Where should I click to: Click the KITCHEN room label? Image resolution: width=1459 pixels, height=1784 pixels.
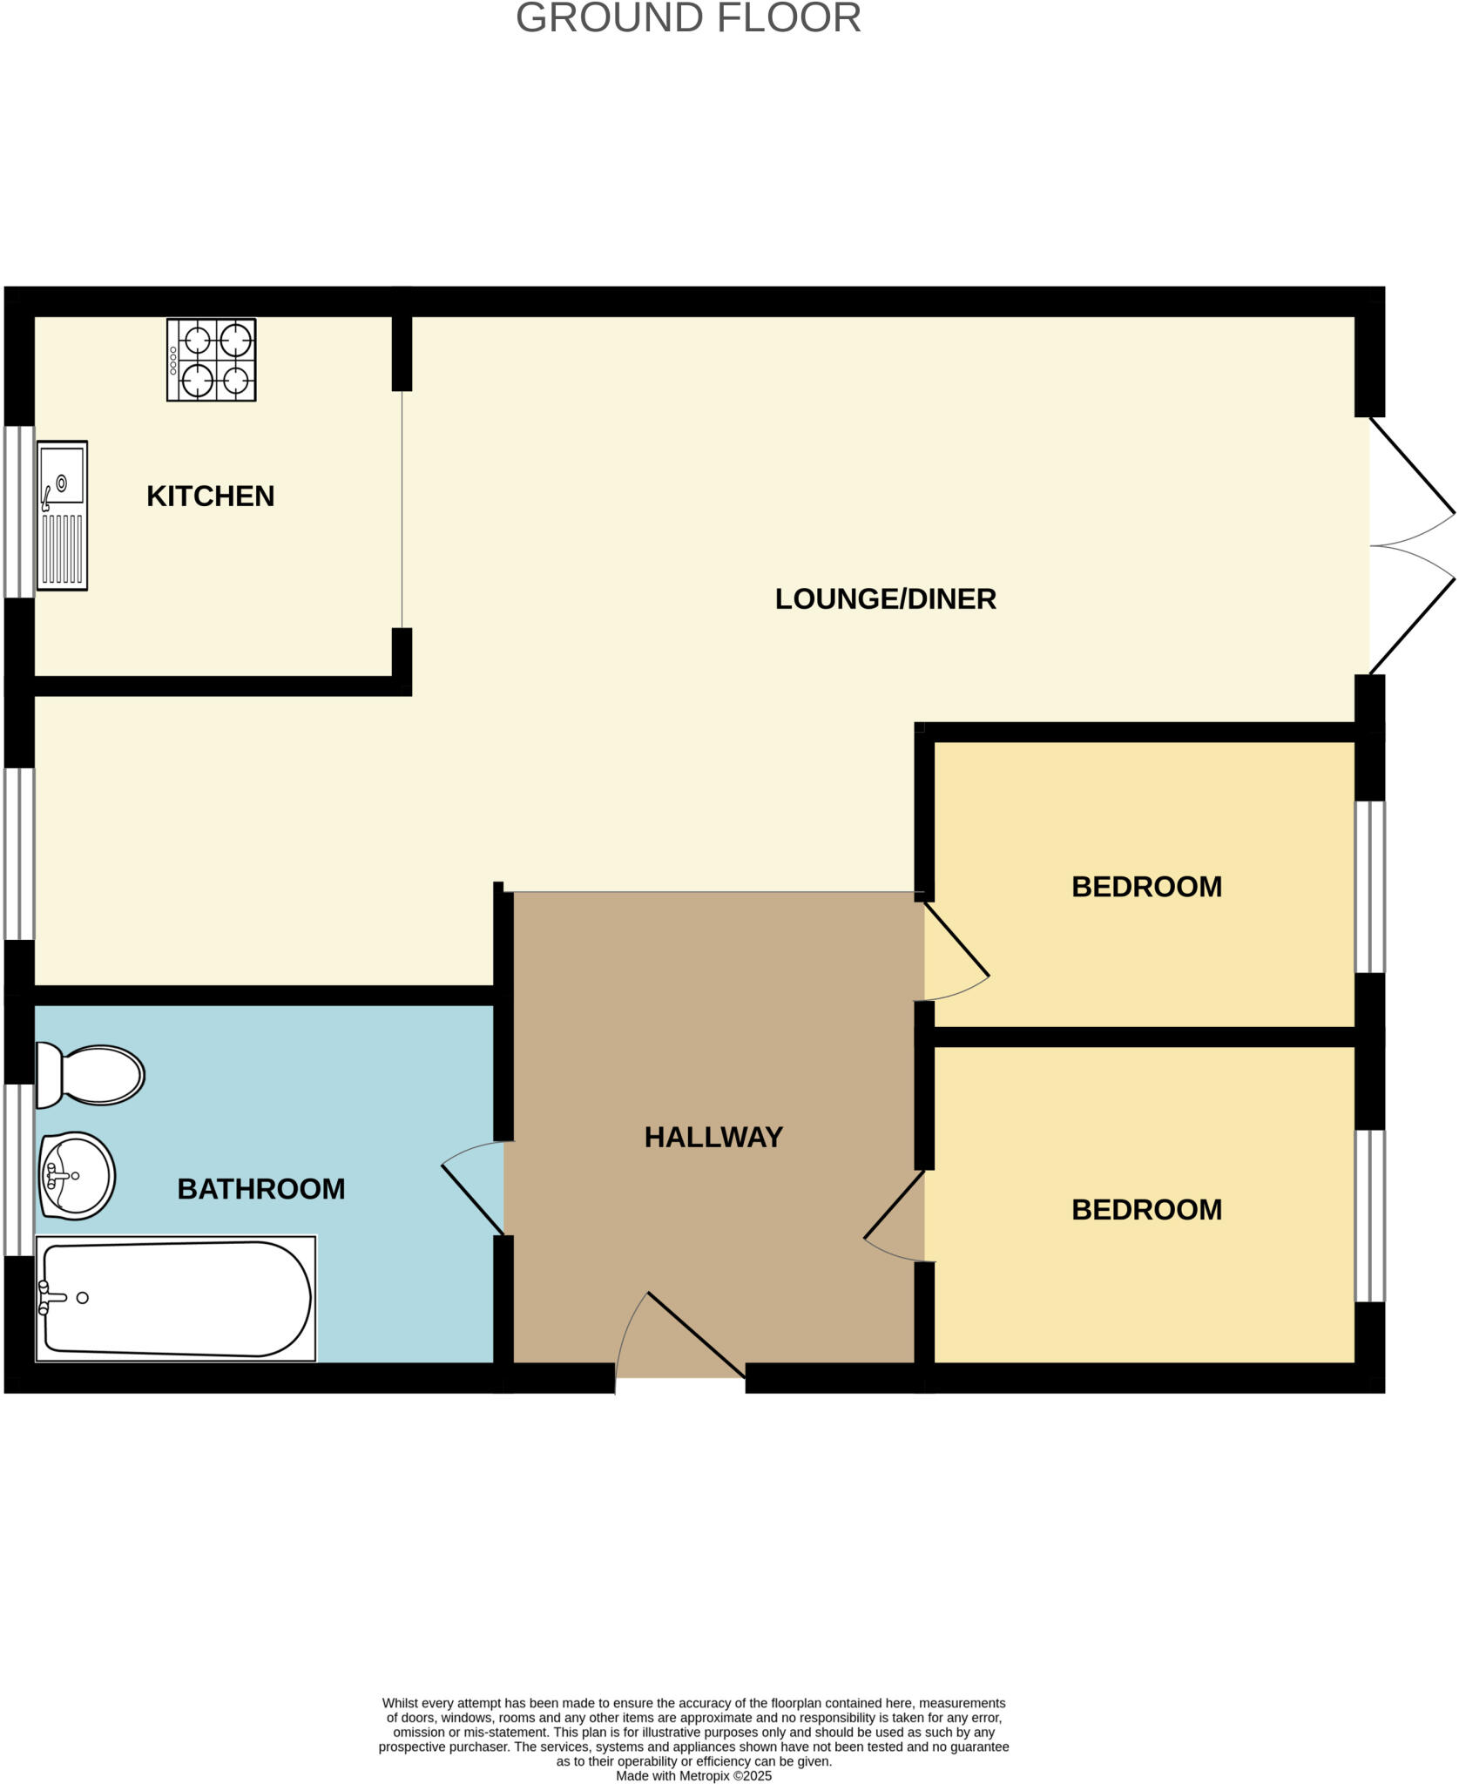tap(210, 497)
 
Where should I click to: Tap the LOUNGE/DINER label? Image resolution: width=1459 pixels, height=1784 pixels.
tap(885, 599)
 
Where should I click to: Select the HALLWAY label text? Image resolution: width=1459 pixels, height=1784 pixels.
tap(713, 1138)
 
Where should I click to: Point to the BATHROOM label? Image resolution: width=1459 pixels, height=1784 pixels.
tap(260, 1189)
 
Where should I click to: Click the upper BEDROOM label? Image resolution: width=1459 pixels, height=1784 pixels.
tap(1146, 887)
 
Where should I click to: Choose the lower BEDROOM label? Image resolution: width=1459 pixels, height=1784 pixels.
tap(1146, 1210)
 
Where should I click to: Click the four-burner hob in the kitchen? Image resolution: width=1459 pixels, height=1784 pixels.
tap(212, 360)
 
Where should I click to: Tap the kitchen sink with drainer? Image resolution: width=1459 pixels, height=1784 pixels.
tap(62, 516)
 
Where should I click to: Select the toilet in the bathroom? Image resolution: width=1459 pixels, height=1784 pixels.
tap(90, 1075)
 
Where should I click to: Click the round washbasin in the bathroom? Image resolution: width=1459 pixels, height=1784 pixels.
tap(77, 1176)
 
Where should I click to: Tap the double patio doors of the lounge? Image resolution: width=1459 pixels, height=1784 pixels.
tap(1411, 546)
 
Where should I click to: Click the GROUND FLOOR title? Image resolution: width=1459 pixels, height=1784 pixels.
tap(688, 18)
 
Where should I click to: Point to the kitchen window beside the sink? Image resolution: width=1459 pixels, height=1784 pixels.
tap(19, 511)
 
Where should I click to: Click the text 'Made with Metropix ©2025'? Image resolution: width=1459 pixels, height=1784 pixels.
tap(693, 1776)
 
